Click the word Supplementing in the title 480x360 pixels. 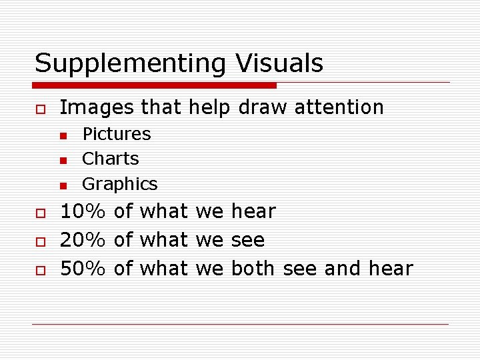[131, 64]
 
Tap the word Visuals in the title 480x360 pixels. [279, 63]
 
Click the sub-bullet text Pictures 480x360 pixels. [117, 134]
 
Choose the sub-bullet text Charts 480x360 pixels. [111, 159]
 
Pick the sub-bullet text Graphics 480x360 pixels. [120, 184]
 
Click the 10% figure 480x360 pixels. [83, 211]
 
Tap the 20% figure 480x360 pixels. [83, 240]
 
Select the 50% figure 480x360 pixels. [83, 269]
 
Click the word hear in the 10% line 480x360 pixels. [253, 211]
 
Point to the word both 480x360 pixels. [253, 269]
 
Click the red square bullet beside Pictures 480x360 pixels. [63, 135]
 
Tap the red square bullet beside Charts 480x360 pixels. [63, 160]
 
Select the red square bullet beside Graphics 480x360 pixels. [63, 185]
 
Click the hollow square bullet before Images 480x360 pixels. [41, 109]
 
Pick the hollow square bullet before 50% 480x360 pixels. [41, 270]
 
